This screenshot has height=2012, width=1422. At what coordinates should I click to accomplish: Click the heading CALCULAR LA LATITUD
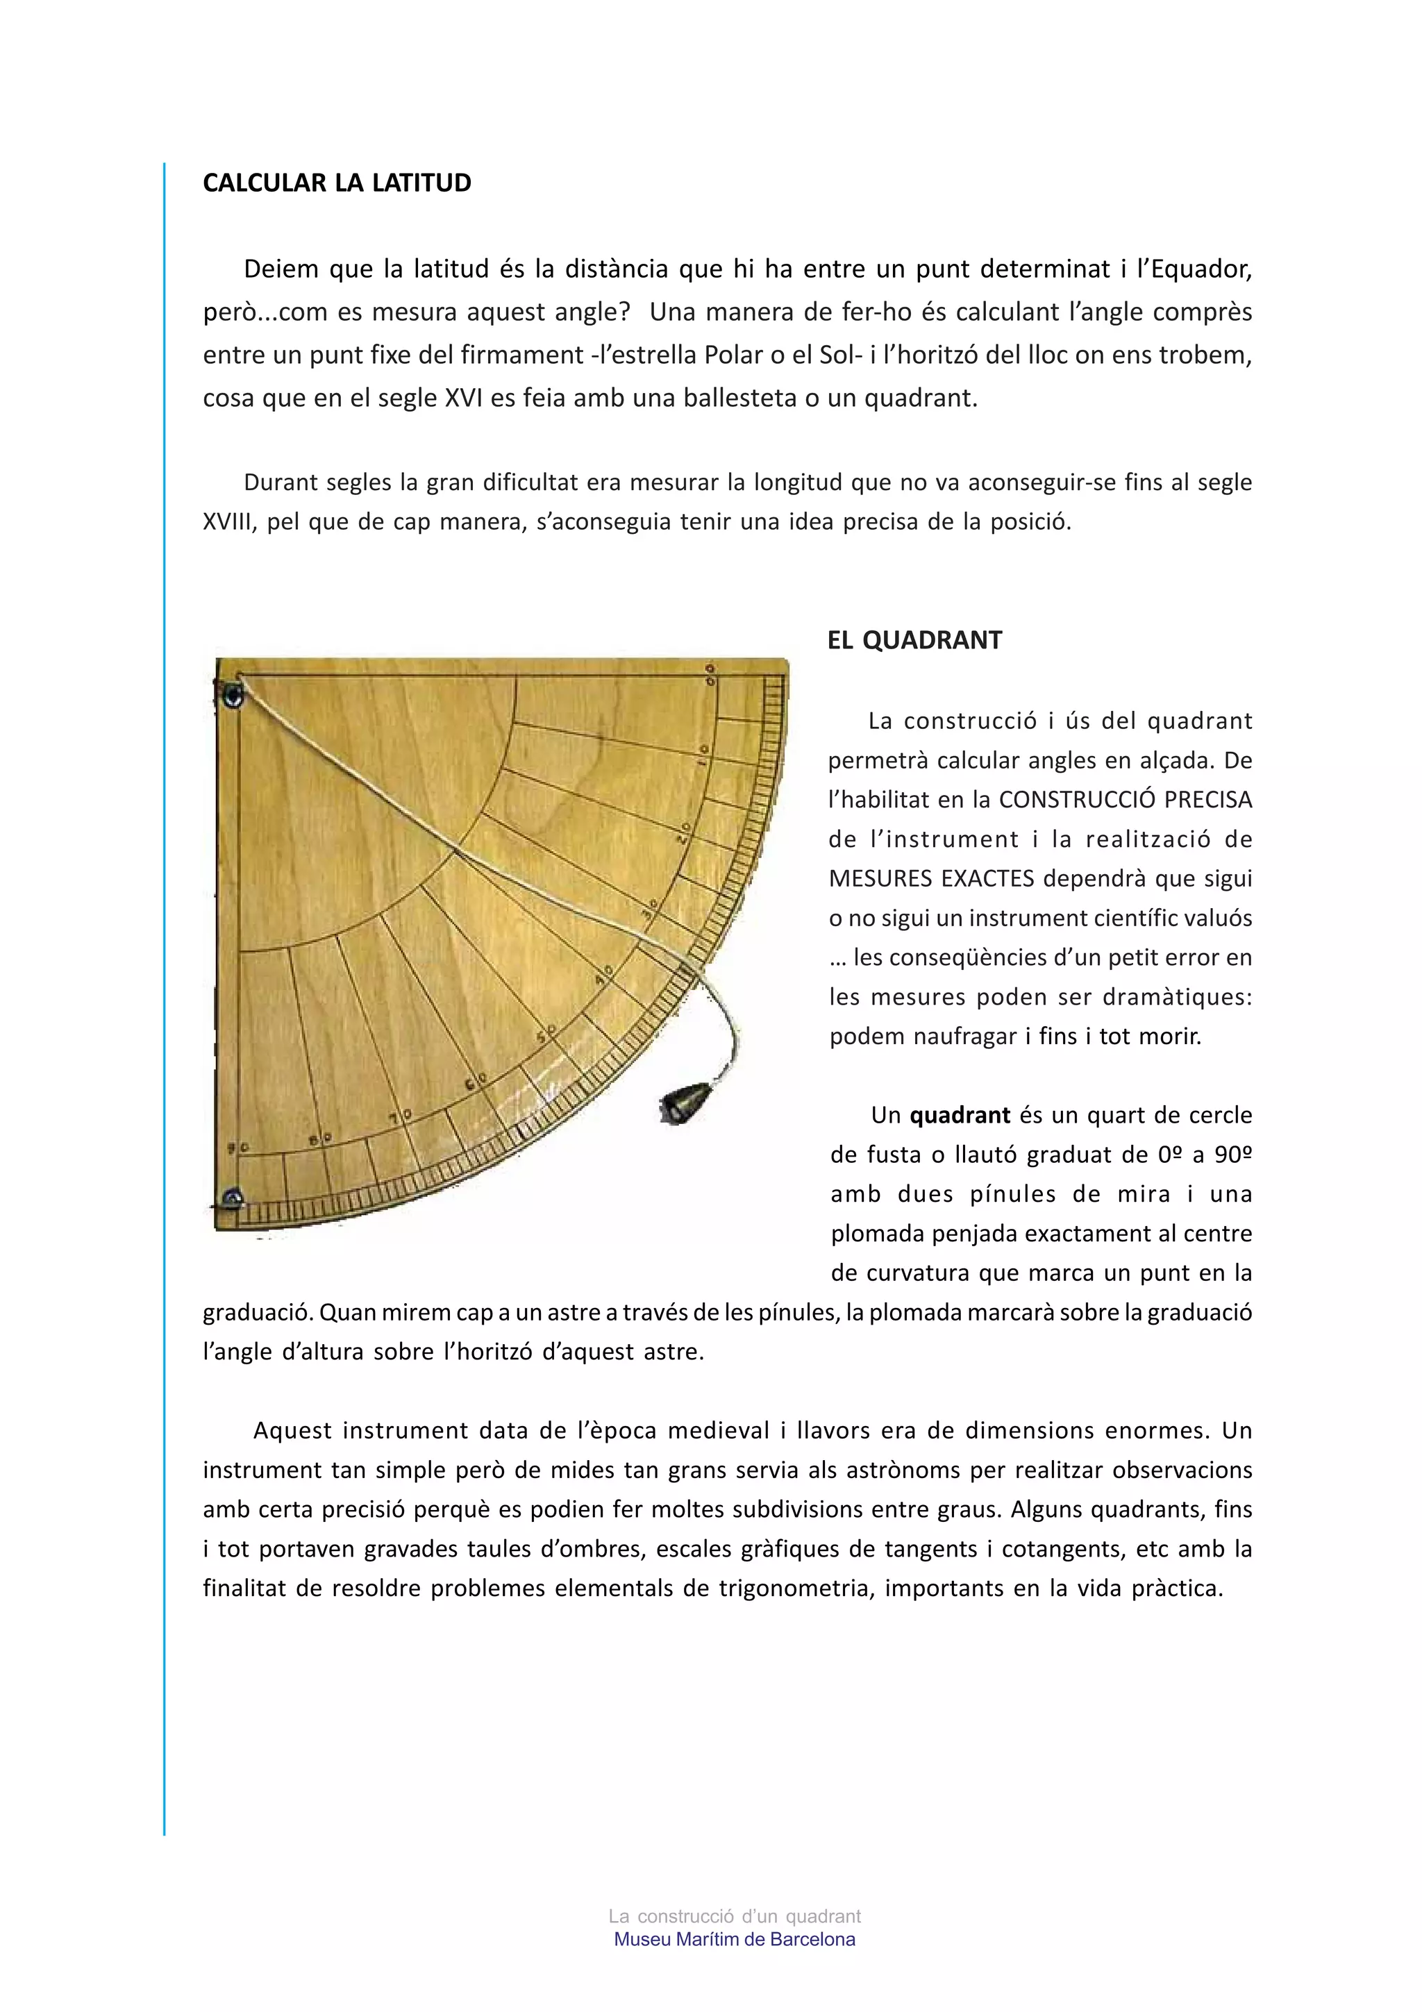(x=337, y=183)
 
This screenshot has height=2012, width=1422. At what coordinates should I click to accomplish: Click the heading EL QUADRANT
(x=914, y=641)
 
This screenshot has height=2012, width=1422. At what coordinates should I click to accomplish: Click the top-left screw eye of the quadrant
(x=232, y=696)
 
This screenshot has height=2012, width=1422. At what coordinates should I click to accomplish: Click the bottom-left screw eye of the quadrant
(x=232, y=1197)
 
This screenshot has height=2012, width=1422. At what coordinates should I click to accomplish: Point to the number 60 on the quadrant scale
(x=475, y=1083)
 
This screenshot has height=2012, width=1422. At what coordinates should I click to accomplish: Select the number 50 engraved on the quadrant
(x=546, y=1033)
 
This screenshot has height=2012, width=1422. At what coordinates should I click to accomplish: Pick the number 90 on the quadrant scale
(x=238, y=1147)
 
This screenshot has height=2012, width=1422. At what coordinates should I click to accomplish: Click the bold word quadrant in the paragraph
(x=960, y=1116)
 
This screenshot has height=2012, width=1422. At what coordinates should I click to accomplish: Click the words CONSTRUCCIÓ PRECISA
(x=1125, y=800)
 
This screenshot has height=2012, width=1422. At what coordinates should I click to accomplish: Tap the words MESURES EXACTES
(x=930, y=879)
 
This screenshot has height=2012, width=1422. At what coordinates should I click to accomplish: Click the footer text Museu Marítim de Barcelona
(x=734, y=1939)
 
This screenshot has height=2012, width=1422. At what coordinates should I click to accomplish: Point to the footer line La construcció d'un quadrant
(x=734, y=1916)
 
